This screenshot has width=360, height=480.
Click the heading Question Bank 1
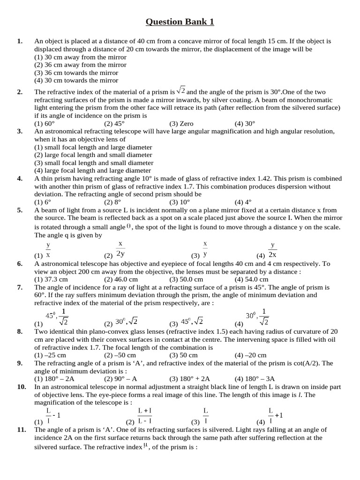coord(180,22)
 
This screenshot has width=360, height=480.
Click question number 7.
coord(20,287)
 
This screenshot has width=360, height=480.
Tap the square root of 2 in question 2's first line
coord(181,91)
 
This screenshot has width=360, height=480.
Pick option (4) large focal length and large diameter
coord(92,171)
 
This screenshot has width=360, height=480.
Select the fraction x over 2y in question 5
coord(120,249)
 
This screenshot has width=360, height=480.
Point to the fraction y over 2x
coord(272,250)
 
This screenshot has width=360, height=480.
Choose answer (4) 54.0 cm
coord(251,279)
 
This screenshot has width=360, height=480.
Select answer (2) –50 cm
coord(118,355)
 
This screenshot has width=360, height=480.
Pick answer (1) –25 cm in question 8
coord(50,355)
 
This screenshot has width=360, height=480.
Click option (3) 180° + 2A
coord(189,379)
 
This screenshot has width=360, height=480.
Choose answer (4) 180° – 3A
coord(255,379)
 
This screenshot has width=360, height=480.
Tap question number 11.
coord(21,429)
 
